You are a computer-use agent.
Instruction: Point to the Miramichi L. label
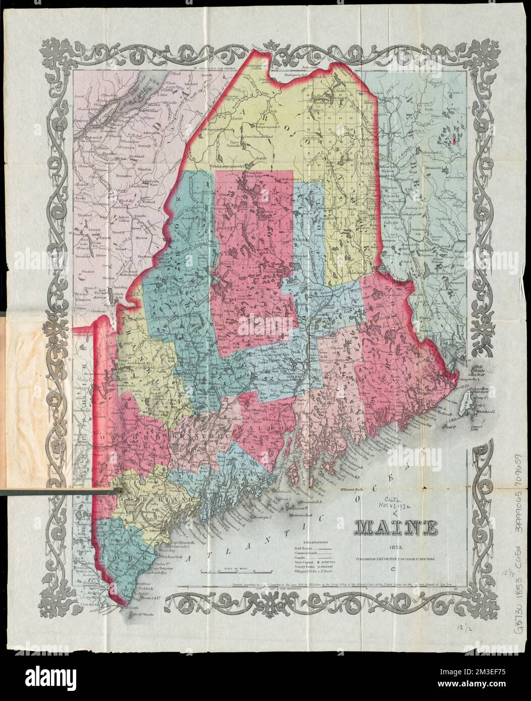(x=433, y=165)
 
